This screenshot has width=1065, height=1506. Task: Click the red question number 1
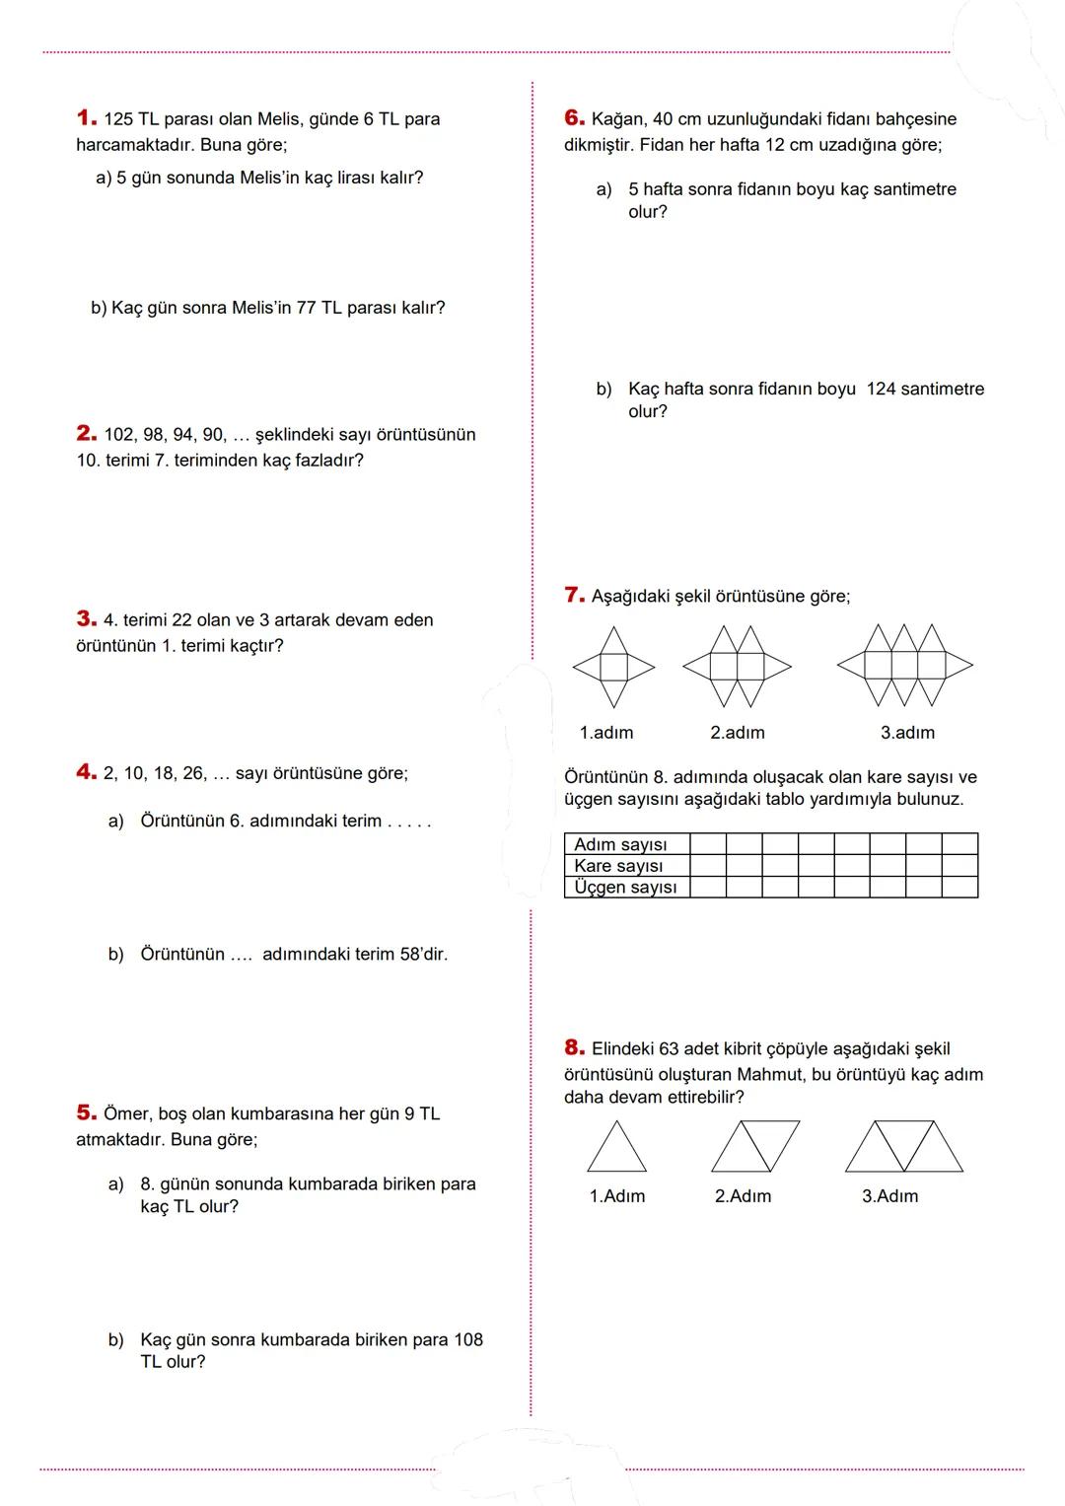[x=86, y=118]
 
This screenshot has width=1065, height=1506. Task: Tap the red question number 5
[x=86, y=1113]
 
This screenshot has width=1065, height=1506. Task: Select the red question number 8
[x=574, y=1048]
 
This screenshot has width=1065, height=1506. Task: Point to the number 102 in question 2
[x=118, y=435]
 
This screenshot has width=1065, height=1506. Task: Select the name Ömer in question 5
[x=127, y=1114]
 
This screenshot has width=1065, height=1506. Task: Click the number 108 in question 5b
[x=467, y=1340]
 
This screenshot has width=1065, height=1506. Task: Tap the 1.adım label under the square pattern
[x=606, y=733]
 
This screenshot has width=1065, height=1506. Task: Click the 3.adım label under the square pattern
[x=907, y=733]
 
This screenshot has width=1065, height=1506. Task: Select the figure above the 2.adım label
[x=737, y=667]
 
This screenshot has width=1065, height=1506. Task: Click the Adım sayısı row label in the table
[x=620, y=844]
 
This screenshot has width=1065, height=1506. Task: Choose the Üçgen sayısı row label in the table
[x=625, y=888]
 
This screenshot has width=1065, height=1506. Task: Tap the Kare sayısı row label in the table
[x=618, y=866]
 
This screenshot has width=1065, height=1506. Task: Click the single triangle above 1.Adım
[x=617, y=1148]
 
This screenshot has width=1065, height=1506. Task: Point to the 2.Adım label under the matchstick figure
[x=743, y=1196]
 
